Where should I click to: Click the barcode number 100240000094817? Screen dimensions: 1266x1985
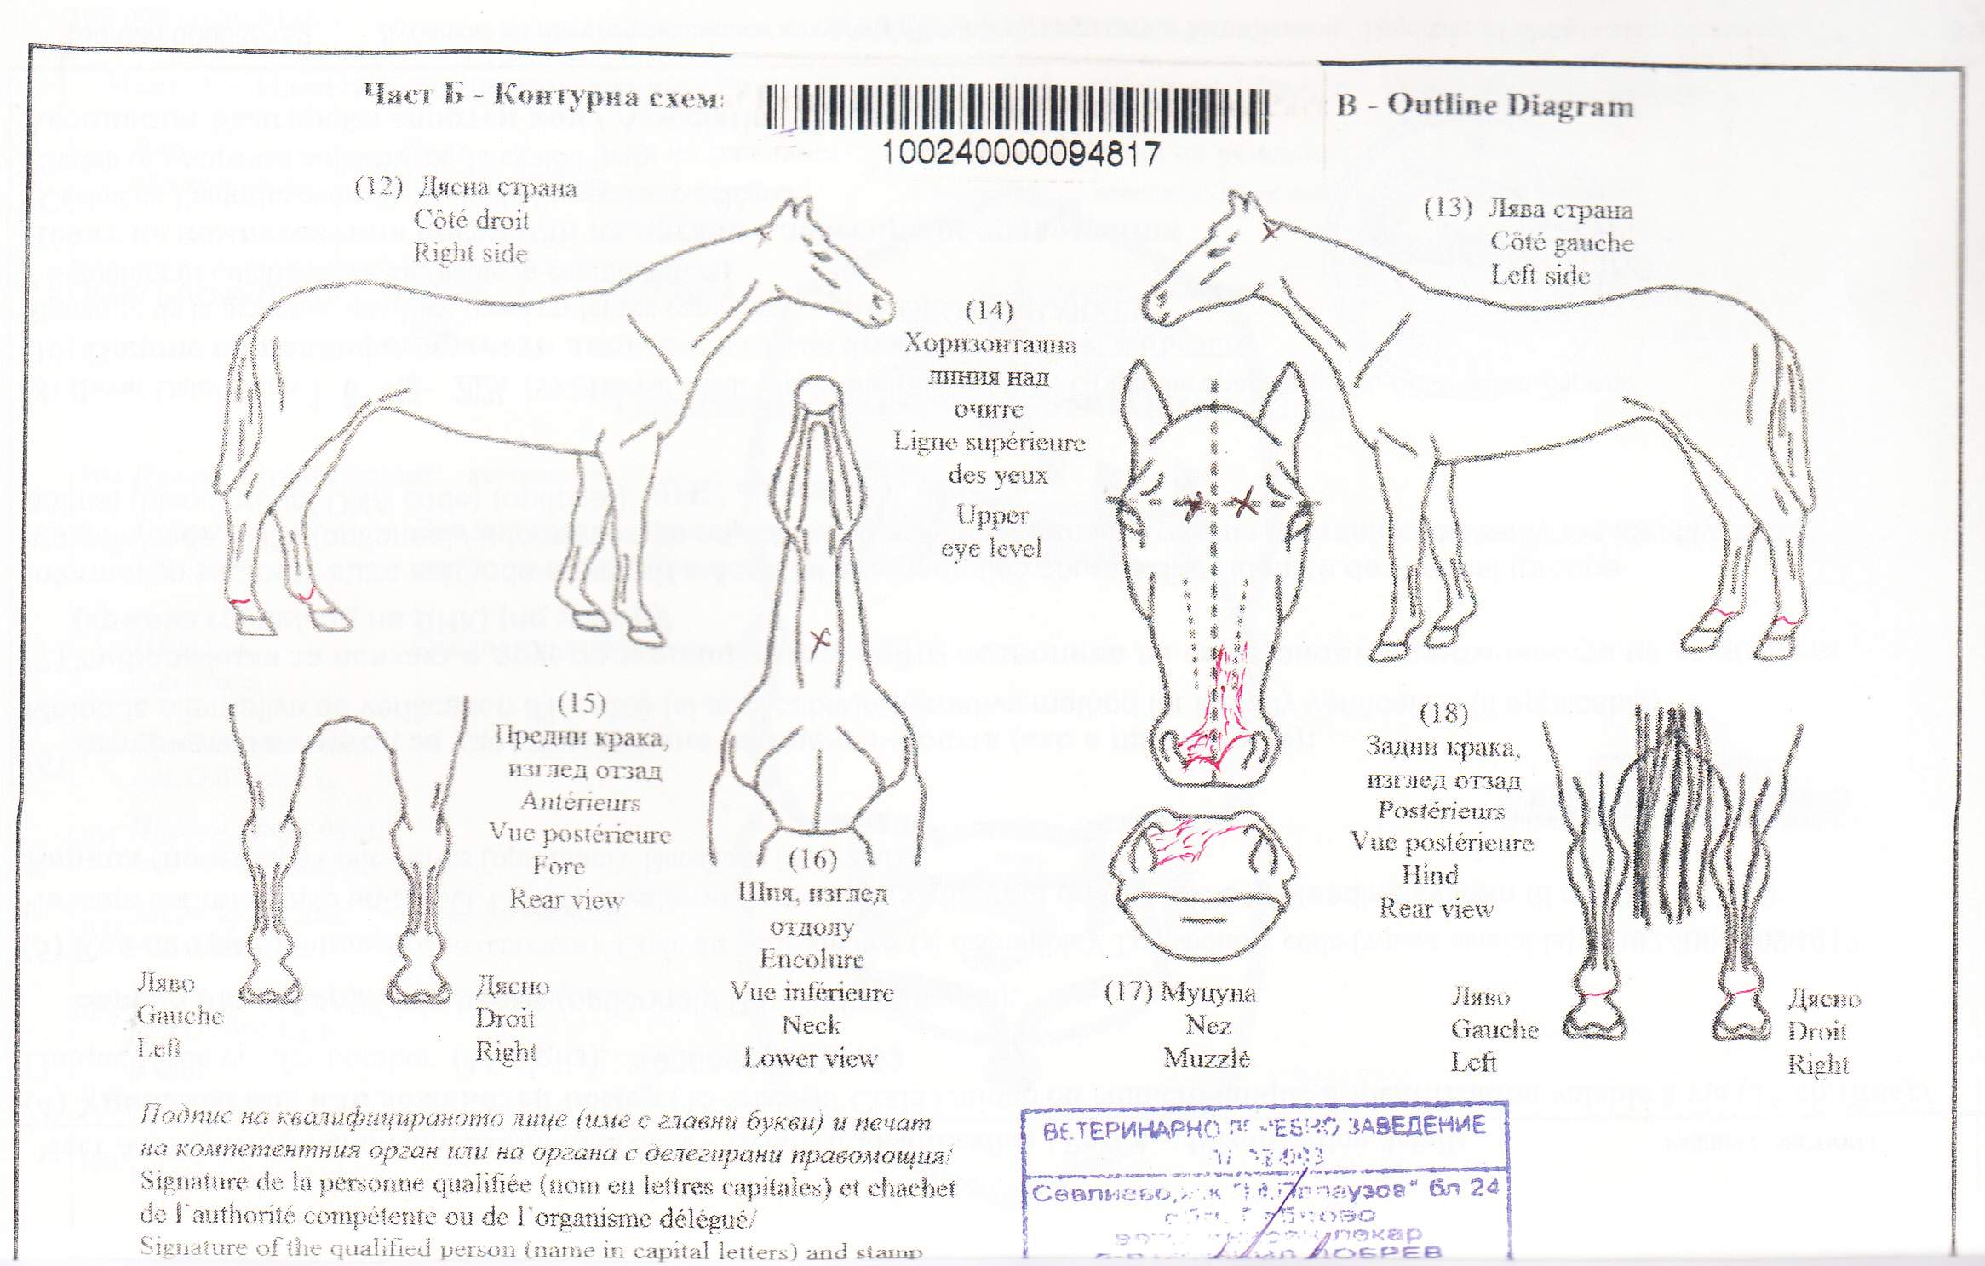pos(1020,154)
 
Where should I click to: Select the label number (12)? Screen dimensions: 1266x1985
pos(378,187)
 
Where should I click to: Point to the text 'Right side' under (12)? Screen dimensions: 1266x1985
pos(470,253)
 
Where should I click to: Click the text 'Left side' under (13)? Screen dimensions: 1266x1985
pos(1540,275)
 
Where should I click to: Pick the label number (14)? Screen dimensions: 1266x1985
pos(989,311)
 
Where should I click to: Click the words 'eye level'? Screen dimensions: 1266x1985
pos(991,548)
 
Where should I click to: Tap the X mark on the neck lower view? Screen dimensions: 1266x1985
pos(820,639)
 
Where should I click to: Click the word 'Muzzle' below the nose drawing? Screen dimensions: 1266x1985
pos(1207,1058)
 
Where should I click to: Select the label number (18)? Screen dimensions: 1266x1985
pos(1444,713)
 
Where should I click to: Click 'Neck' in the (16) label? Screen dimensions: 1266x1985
pos(811,1025)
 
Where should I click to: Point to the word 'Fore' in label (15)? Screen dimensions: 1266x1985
pos(559,866)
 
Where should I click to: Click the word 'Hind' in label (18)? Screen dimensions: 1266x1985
pos(1430,875)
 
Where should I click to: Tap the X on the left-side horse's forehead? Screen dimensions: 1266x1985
pos(1270,230)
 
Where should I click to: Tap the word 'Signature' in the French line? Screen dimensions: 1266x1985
pos(182,1183)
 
